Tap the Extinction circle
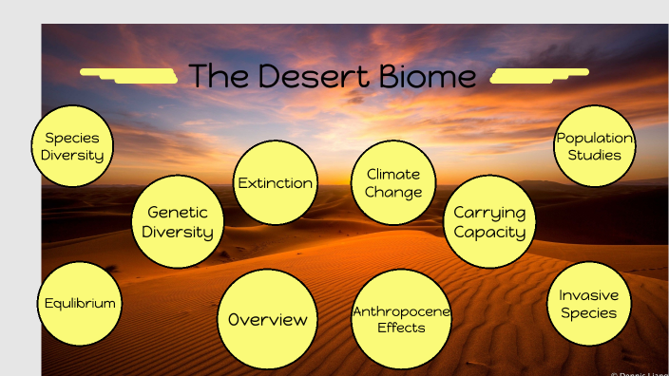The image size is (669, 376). [x=276, y=182]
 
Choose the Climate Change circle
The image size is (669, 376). [x=393, y=182]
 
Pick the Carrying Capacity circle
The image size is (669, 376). [x=489, y=222]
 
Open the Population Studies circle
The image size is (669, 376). [x=595, y=145]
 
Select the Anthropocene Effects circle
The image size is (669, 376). [x=401, y=319]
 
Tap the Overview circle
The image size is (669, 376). [x=267, y=320]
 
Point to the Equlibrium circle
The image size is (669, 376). [x=80, y=304]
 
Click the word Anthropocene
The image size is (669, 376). [x=401, y=310]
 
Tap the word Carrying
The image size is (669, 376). [x=489, y=213]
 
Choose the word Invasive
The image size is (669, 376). [x=589, y=294]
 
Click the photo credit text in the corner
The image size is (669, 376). [x=639, y=373]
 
